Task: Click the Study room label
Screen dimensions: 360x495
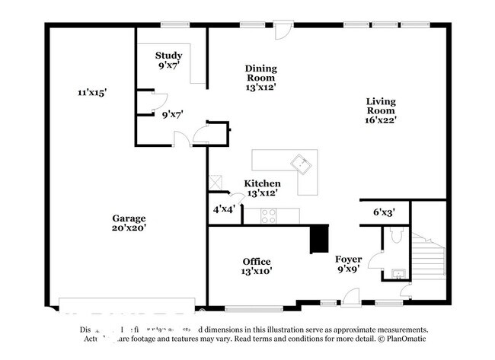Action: click(168, 55)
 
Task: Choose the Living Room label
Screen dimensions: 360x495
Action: click(380, 106)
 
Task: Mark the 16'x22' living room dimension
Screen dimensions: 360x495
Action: click(380, 119)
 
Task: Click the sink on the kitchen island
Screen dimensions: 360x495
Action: click(302, 162)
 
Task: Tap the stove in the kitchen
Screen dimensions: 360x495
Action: click(270, 215)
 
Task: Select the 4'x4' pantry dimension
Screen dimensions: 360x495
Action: click(224, 209)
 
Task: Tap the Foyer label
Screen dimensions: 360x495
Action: click(348, 260)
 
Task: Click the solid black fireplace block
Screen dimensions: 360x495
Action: click(318, 238)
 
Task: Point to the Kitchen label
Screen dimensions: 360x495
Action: click(262, 183)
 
